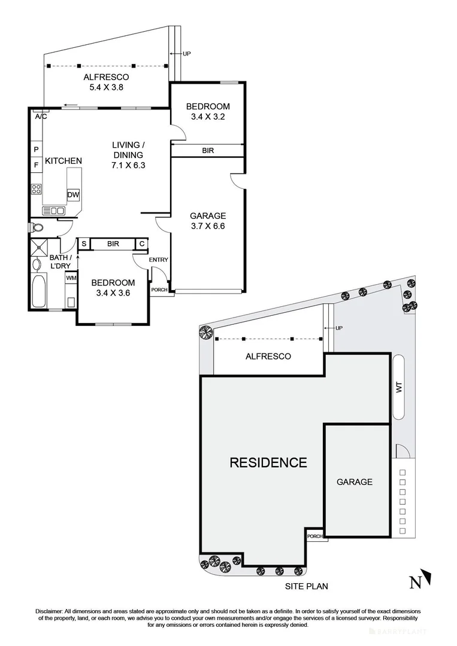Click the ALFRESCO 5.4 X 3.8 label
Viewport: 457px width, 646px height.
tap(106, 82)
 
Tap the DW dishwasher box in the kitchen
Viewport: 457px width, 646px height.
tap(73, 195)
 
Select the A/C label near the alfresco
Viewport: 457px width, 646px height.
tap(41, 117)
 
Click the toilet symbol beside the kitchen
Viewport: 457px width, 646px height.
tap(37, 227)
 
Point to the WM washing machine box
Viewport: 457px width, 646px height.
tap(71, 278)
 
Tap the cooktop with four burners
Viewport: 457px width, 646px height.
tap(37, 189)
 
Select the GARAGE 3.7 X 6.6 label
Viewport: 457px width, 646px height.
tap(207, 221)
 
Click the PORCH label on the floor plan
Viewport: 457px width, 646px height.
tap(159, 290)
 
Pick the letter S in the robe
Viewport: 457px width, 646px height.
tap(83, 243)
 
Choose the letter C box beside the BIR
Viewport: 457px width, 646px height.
tap(142, 243)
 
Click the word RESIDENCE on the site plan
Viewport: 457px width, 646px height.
tap(268, 462)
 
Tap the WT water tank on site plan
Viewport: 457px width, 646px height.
tap(398, 388)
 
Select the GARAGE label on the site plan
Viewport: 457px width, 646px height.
tap(354, 482)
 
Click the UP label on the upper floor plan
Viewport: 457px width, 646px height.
tap(186, 54)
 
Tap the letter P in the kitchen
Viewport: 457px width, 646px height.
tap(36, 149)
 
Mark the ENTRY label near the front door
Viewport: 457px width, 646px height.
tap(159, 260)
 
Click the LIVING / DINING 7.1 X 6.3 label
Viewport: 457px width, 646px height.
tap(128, 155)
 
